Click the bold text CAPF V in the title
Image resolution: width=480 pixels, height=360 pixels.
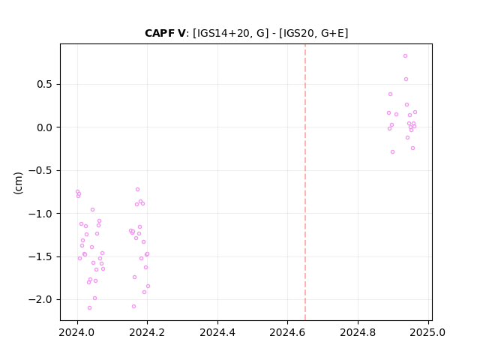pyautogui.click(x=165, y=33)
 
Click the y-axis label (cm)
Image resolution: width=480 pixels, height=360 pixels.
pyautogui.click(x=18, y=183)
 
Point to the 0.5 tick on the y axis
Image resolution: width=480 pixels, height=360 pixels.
pyautogui.click(x=45, y=84)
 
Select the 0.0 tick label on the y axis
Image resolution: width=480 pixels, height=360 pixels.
pyautogui.click(x=45, y=127)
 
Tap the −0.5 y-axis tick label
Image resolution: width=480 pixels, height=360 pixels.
pyautogui.click(x=40, y=170)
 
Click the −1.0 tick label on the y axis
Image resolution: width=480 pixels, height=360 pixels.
pyautogui.click(x=40, y=214)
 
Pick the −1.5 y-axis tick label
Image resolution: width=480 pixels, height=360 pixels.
pyautogui.click(x=40, y=256)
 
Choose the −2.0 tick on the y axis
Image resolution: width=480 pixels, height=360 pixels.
pyautogui.click(x=40, y=300)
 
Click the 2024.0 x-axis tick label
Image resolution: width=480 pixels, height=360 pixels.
pyautogui.click(x=76, y=332)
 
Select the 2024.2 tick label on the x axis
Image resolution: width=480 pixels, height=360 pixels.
pyautogui.click(x=147, y=332)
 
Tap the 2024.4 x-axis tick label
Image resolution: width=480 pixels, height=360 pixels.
pyautogui.click(x=217, y=332)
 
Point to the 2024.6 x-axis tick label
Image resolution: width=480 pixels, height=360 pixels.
pyautogui.click(x=287, y=332)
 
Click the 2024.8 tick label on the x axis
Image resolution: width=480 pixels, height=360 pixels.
pyautogui.click(x=358, y=332)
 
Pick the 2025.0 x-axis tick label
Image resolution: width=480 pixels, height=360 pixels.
pyautogui.click(x=428, y=332)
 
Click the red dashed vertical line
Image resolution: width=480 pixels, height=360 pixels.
pyautogui.click(x=305, y=182)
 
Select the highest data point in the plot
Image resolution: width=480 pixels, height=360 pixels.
pyautogui.click(x=405, y=56)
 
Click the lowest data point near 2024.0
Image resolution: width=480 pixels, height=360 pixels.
pyautogui.click(x=90, y=308)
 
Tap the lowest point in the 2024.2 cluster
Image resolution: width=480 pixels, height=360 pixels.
pyautogui.click(x=133, y=307)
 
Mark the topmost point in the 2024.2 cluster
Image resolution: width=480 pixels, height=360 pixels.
pyautogui.click(x=138, y=190)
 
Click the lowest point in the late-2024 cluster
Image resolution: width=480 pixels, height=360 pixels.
pyautogui.click(x=392, y=151)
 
